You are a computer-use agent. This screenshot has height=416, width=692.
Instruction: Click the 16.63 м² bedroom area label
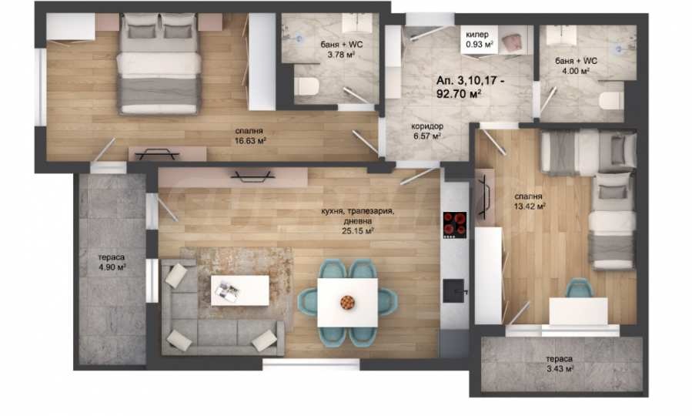tap(250, 141)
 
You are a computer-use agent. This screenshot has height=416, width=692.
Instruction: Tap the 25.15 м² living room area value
tap(358, 230)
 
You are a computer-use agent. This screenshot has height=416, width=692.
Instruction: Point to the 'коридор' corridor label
tap(427, 126)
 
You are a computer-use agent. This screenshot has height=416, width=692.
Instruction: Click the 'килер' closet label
tap(477, 35)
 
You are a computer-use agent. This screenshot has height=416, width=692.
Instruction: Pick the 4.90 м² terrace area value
tap(112, 267)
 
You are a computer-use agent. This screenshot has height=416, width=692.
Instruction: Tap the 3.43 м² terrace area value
tap(560, 369)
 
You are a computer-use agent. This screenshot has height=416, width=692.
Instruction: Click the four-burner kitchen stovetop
tap(455, 225)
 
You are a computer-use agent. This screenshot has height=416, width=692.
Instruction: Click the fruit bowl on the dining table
tap(347, 302)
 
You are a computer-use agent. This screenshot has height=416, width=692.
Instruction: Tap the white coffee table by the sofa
tap(239, 290)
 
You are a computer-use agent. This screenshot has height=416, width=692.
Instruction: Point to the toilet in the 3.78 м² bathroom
tap(306, 86)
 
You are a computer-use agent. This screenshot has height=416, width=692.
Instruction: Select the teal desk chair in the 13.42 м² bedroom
tap(580, 287)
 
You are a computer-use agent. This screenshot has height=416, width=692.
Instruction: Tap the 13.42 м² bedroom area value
tap(530, 206)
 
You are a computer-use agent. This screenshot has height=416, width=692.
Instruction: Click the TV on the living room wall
tap(252, 176)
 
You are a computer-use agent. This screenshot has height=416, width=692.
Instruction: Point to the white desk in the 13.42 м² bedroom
tap(579, 311)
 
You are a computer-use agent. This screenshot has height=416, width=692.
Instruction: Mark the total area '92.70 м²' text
tap(459, 94)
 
